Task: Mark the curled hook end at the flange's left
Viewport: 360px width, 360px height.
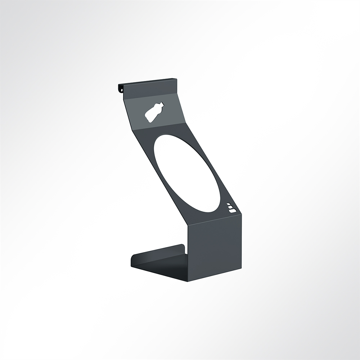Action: click(120, 88)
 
